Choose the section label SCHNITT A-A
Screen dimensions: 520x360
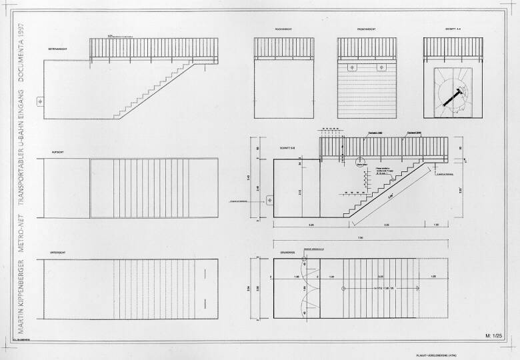445,30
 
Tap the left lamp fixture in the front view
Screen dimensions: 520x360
351,67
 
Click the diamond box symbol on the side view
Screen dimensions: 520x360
40,101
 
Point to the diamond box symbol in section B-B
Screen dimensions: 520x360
271,199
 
